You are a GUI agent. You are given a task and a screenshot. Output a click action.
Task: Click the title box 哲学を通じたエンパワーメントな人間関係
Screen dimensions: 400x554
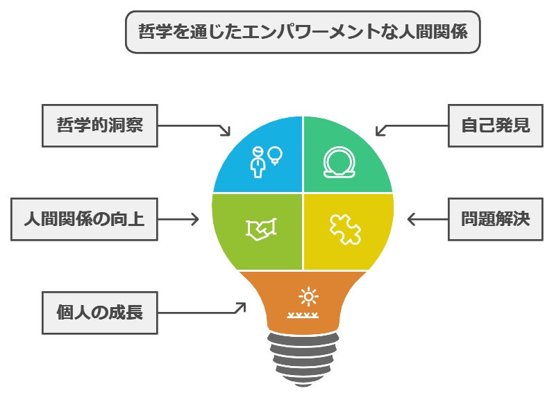point(302,32)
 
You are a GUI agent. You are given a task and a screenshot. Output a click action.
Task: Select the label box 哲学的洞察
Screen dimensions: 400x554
point(99,125)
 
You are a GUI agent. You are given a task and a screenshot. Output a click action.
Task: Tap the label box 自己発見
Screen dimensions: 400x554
point(495,125)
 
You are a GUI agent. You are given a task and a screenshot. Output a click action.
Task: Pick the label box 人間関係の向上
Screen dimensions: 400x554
point(83,219)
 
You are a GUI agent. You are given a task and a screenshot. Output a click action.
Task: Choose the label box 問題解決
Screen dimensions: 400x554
point(495,219)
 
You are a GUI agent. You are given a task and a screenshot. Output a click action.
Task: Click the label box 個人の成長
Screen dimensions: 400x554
point(99,312)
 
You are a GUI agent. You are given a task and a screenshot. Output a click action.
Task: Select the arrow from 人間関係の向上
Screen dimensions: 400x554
point(179,219)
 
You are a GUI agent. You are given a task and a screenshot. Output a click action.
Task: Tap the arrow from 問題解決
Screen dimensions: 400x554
point(426,219)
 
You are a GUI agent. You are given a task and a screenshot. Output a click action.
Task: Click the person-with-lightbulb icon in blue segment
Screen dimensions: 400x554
point(266,161)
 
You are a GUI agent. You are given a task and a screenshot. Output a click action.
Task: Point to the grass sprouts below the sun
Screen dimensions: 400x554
point(303,315)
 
